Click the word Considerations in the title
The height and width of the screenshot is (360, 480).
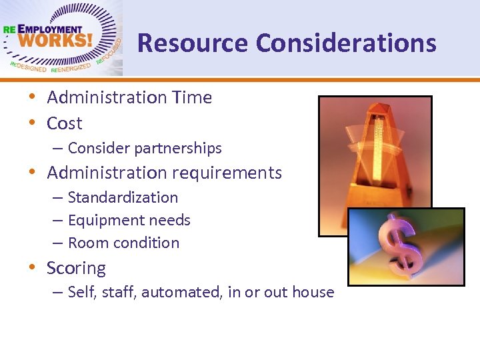(346, 43)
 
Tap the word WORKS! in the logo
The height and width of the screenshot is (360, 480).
(57, 41)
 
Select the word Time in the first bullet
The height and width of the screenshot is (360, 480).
(192, 97)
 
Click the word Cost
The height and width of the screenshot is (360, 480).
(65, 123)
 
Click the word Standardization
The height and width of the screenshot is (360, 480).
(123, 197)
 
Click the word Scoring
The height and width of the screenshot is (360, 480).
(76, 268)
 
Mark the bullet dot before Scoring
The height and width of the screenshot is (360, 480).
(32, 268)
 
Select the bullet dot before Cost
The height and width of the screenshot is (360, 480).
(32, 123)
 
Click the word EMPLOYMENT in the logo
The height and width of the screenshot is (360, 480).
(50, 29)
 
